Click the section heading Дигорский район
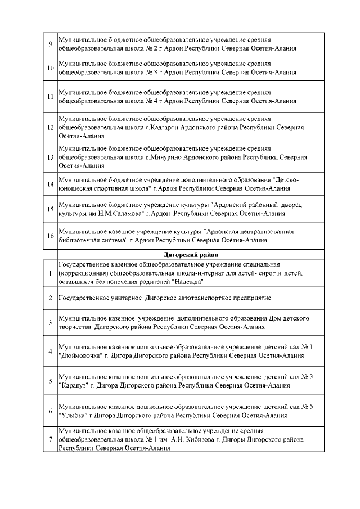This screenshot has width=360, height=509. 191,255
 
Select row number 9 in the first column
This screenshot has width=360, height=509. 51,45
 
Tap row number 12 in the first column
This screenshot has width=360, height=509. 51,128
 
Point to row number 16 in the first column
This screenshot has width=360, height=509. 51,236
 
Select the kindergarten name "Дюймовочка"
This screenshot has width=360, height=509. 79,356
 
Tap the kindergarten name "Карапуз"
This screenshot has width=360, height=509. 73,386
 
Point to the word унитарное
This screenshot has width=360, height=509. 121,297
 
